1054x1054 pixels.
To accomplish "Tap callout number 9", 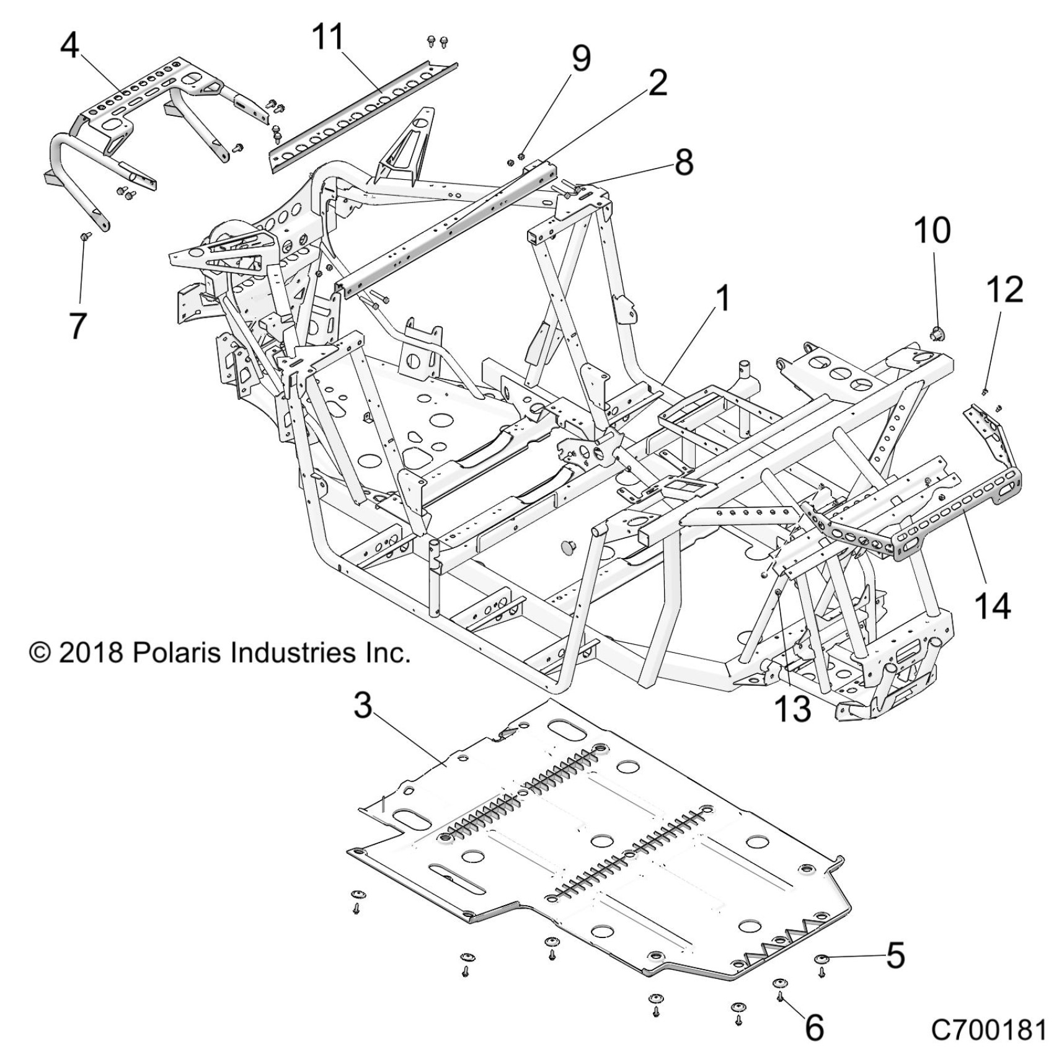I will pos(580,59).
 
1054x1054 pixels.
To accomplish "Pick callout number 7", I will pos(77,325).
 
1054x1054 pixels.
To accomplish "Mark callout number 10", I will pos(932,230).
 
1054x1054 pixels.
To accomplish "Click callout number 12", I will pos(1005,289).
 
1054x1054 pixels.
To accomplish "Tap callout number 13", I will pos(793,708).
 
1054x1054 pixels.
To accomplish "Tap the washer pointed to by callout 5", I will pos(821,960).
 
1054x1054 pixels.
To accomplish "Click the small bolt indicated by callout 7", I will pos(86,236).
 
